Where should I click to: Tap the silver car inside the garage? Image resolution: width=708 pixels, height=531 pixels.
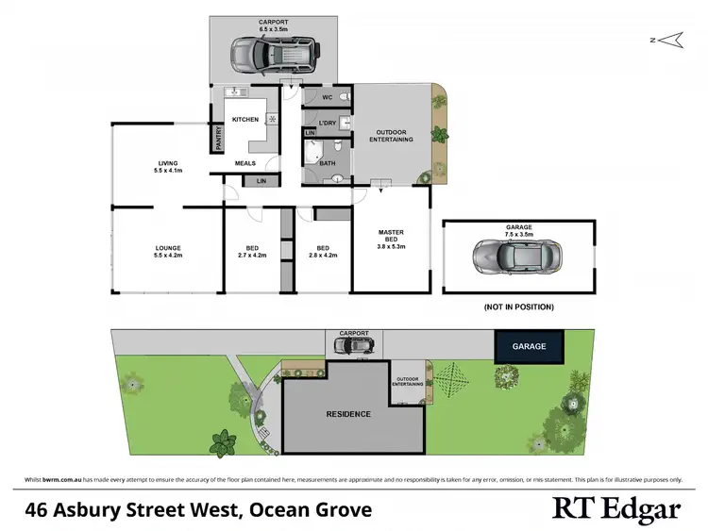(519, 255)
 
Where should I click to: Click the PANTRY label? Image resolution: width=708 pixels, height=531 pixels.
(217, 139)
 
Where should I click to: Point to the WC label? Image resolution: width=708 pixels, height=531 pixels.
(326, 97)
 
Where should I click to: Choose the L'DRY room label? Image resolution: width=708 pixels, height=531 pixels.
(328, 123)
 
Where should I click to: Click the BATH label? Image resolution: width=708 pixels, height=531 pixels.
(328, 163)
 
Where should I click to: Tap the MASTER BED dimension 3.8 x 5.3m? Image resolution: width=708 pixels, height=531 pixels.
(391, 246)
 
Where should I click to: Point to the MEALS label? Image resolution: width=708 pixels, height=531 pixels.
(245, 163)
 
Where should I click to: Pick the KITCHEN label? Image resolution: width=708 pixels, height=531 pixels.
(245, 120)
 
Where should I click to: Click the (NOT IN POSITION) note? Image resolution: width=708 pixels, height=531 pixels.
(518, 307)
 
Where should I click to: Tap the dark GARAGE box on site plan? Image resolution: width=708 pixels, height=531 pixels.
(529, 346)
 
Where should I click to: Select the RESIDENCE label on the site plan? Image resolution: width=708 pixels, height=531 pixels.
(348, 414)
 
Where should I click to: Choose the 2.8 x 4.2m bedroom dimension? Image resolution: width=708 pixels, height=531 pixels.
(323, 256)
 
